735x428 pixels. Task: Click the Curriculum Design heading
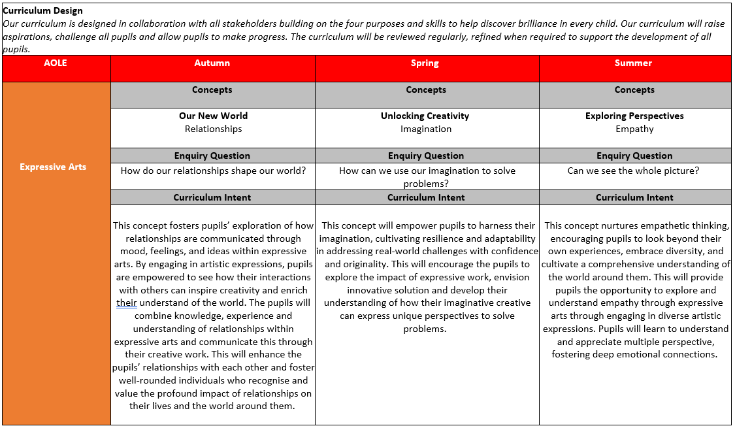pyautogui.click(x=42, y=10)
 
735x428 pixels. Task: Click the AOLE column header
pyautogui.click(x=56, y=63)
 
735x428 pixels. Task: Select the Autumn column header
pyautogui.click(x=212, y=63)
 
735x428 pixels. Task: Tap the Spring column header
pyautogui.click(x=425, y=63)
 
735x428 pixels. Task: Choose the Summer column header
pyautogui.click(x=633, y=63)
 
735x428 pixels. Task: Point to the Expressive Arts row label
pyautogui.click(x=53, y=167)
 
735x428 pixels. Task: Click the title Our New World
pyautogui.click(x=213, y=116)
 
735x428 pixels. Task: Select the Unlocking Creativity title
pyautogui.click(x=425, y=116)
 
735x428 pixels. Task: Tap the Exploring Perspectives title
pyautogui.click(x=634, y=116)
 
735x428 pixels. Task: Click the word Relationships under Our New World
pyautogui.click(x=213, y=129)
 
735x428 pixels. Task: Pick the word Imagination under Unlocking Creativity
pyautogui.click(x=426, y=129)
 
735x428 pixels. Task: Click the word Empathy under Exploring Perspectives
pyautogui.click(x=634, y=129)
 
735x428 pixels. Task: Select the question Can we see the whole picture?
pyautogui.click(x=633, y=171)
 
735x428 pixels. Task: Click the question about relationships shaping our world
pyautogui.click(x=214, y=171)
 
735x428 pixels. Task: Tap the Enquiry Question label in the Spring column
pyautogui.click(x=426, y=156)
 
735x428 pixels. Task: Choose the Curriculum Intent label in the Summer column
pyautogui.click(x=634, y=197)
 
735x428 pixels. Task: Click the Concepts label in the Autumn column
pyautogui.click(x=212, y=90)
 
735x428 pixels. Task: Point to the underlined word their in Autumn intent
pyautogui.click(x=127, y=303)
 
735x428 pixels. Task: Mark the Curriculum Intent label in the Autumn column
pyautogui.click(x=212, y=197)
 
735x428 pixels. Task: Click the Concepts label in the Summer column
pyautogui.click(x=634, y=90)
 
